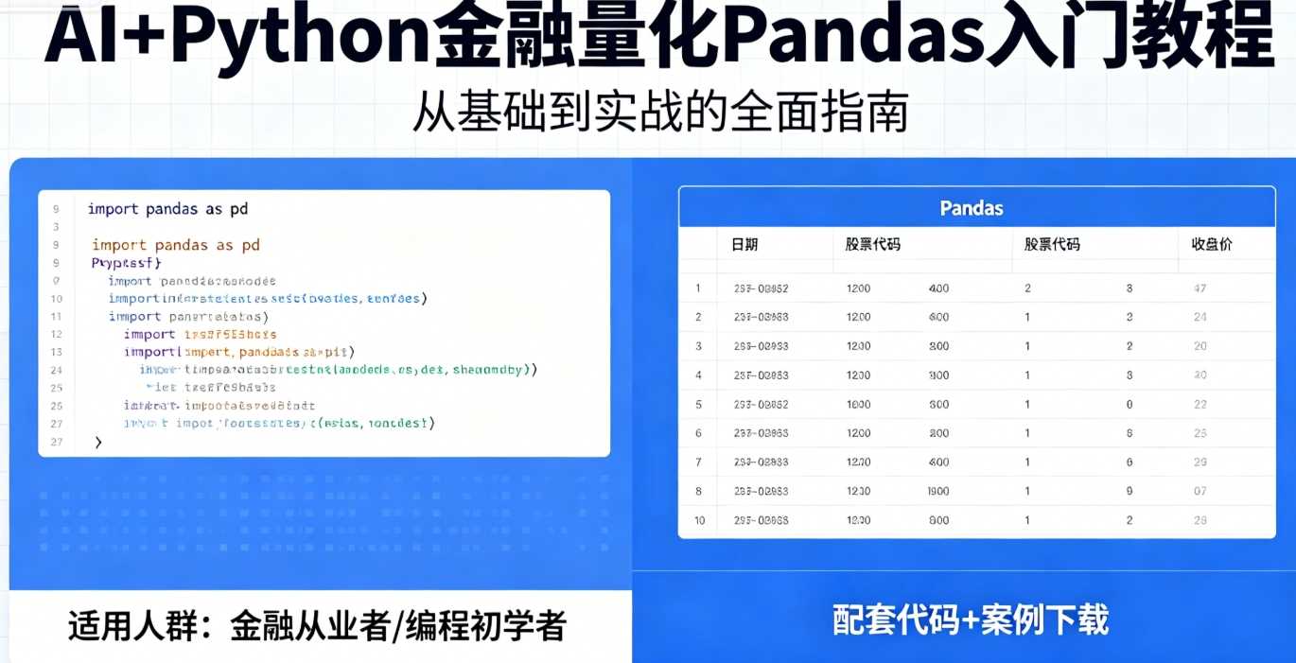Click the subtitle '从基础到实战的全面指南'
pyautogui.click(x=660, y=113)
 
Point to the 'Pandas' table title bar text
pyautogui.click(x=972, y=208)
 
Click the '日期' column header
pyautogui.click(x=744, y=244)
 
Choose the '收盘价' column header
pyautogui.click(x=1212, y=244)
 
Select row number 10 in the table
pyautogui.click(x=699, y=520)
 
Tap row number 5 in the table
pyautogui.click(x=699, y=405)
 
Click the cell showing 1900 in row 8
pyautogui.click(x=938, y=491)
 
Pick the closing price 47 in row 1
pyautogui.click(x=1200, y=288)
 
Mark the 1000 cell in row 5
pyautogui.click(x=859, y=405)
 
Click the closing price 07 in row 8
pyautogui.click(x=1200, y=491)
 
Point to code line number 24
pyautogui.click(x=57, y=370)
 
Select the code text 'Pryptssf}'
pyautogui.click(x=127, y=263)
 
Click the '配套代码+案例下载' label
pyautogui.click(x=970, y=620)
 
